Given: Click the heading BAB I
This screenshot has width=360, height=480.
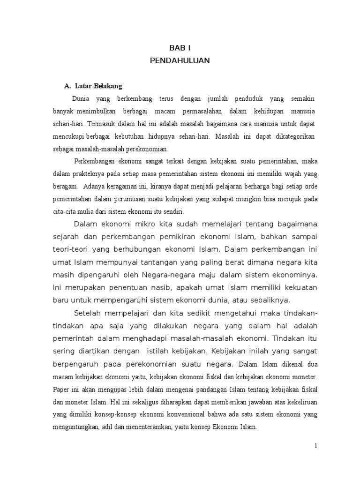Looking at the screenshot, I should tap(180, 48).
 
